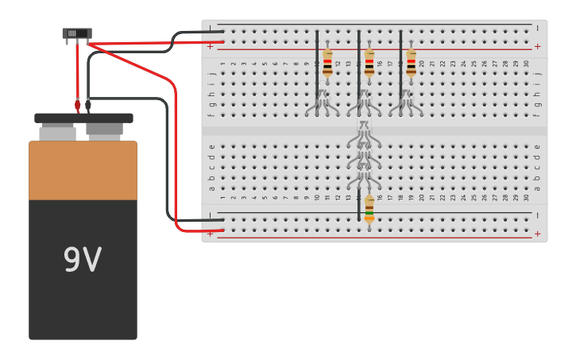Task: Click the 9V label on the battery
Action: (x=82, y=260)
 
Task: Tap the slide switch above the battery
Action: (x=77, y=33)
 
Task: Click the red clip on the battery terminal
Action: (x=78, y=104)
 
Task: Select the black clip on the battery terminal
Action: (x=88, y=104)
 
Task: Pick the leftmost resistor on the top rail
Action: (x=327, y=62)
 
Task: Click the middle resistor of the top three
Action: (x=369, y=62)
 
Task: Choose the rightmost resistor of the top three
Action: (x=411, y=62)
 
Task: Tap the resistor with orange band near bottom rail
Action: (x=369, y=209)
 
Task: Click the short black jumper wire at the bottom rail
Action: (x=359, y=205)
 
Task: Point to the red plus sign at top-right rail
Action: (x=537, y=47)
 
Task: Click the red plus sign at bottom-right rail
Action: (x=537, y=234)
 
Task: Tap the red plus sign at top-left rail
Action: (x=210, y=47)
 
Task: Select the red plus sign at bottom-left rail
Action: (x=210, y=234)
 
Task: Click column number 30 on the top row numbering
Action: (x=526, y=64)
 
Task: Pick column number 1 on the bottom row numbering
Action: (x=222, y=197)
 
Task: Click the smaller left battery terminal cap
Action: (x=57, y=132)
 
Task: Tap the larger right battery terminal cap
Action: (x=104, y=130)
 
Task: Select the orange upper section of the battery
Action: (x=83, y=170)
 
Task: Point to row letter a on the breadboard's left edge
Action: (x=211, y=188)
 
